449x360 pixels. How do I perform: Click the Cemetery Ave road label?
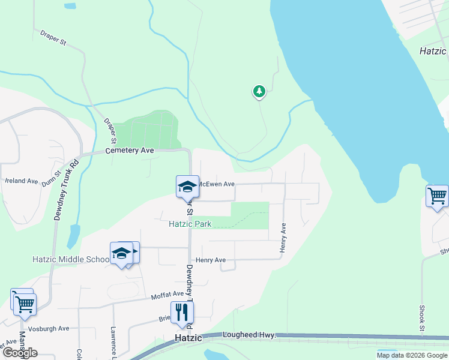[x=130, y=151]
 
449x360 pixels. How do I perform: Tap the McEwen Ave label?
[x=216, y=184]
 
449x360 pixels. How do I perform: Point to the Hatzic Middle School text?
[x=71, y=259]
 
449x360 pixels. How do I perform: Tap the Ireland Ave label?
[x=22, y=181]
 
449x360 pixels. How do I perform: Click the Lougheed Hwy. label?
[x=249, y=335]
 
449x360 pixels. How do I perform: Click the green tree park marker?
[x=259, y=92]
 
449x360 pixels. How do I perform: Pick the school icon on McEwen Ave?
[x=187, y=187]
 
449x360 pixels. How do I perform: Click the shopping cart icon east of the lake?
[x=437, y=196]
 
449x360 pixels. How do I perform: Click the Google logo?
[x=20, y=353]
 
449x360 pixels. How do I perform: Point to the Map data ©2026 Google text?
[x=412, y=355]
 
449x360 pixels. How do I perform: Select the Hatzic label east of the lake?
[x=433, y=52]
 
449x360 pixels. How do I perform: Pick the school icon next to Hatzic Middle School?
[x=121, y=253]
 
